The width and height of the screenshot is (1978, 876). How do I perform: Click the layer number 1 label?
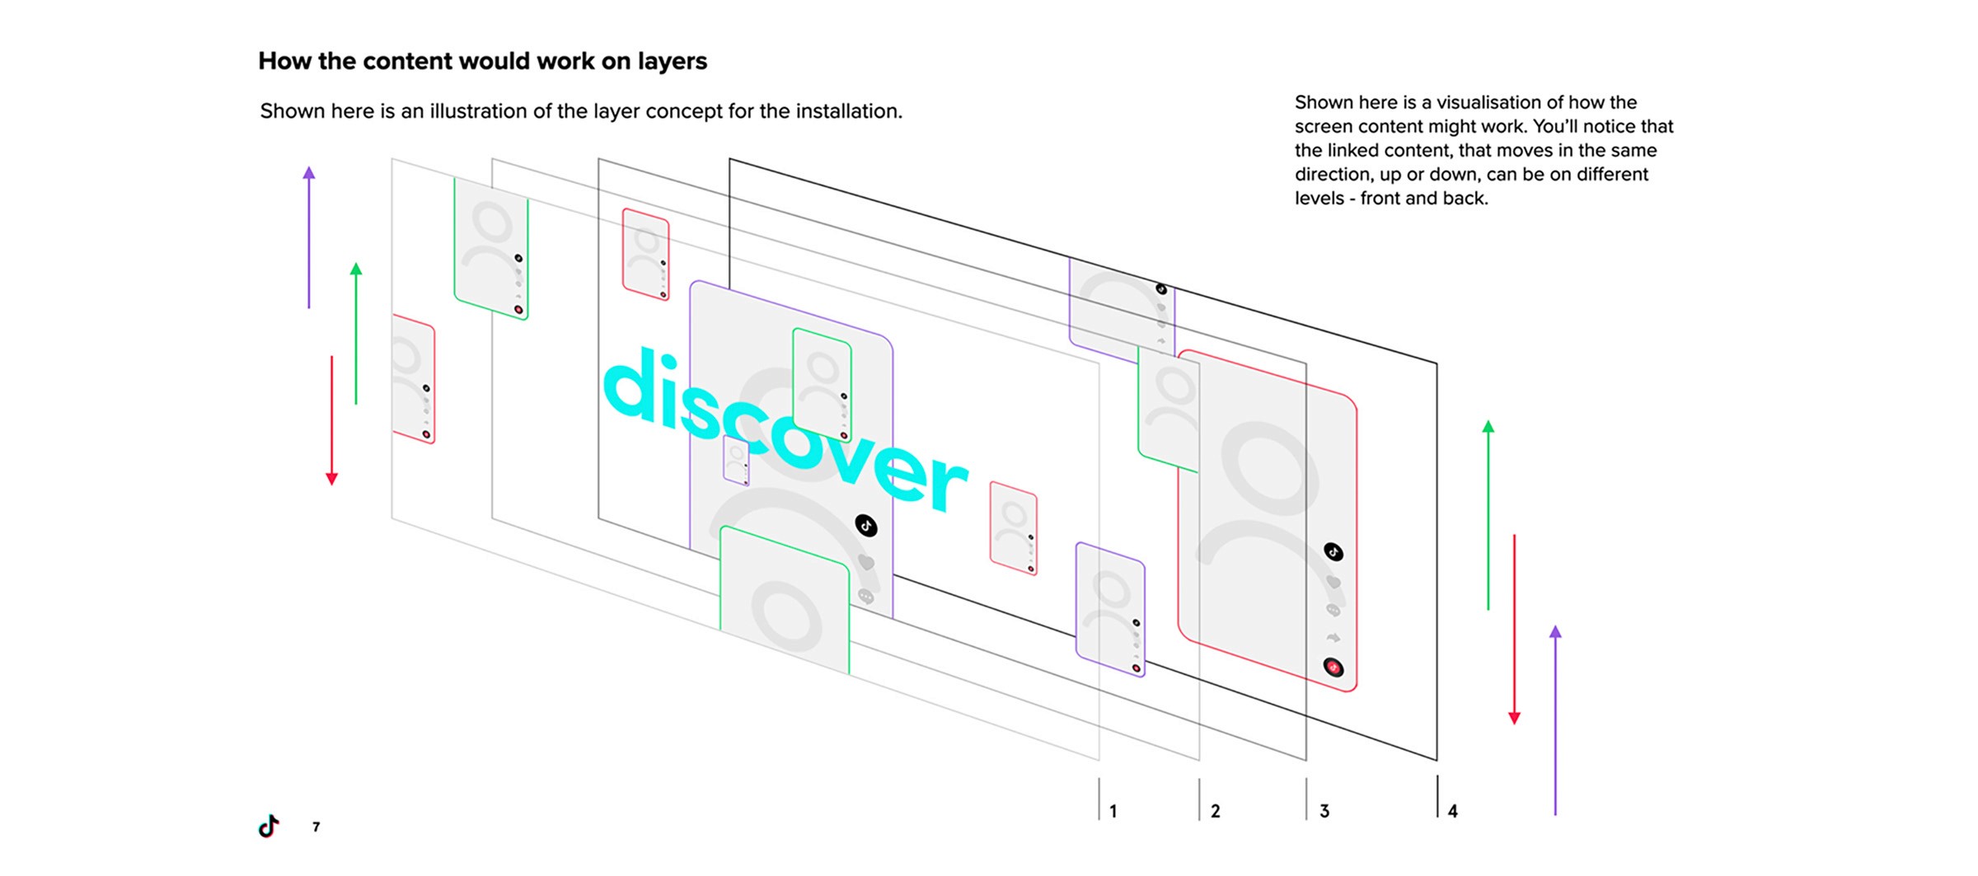[1113, 812]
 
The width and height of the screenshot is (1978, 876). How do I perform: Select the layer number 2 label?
[1215, 812]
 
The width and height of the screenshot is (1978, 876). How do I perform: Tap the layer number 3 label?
[1324, 812]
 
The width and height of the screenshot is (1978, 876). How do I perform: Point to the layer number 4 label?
[1452, 812]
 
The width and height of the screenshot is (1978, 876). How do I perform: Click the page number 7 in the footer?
[316, 827]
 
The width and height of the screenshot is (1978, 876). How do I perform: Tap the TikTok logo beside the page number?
[269, 826]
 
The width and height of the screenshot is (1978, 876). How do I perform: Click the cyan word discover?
[783, 429]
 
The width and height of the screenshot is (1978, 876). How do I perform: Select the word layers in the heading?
[672, 62]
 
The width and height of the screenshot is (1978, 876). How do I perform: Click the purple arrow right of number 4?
[1555, 721]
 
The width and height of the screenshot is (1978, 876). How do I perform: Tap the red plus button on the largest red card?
[1334, 667]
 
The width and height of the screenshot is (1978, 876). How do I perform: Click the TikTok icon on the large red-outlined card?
[1334, 551]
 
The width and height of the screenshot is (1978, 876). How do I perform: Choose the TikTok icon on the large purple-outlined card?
[865, 525]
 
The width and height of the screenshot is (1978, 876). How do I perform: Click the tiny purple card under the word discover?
[736, 461]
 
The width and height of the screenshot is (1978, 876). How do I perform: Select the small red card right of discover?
[1013, 527]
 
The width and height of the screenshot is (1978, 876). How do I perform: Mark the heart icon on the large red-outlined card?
[1334, 583]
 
